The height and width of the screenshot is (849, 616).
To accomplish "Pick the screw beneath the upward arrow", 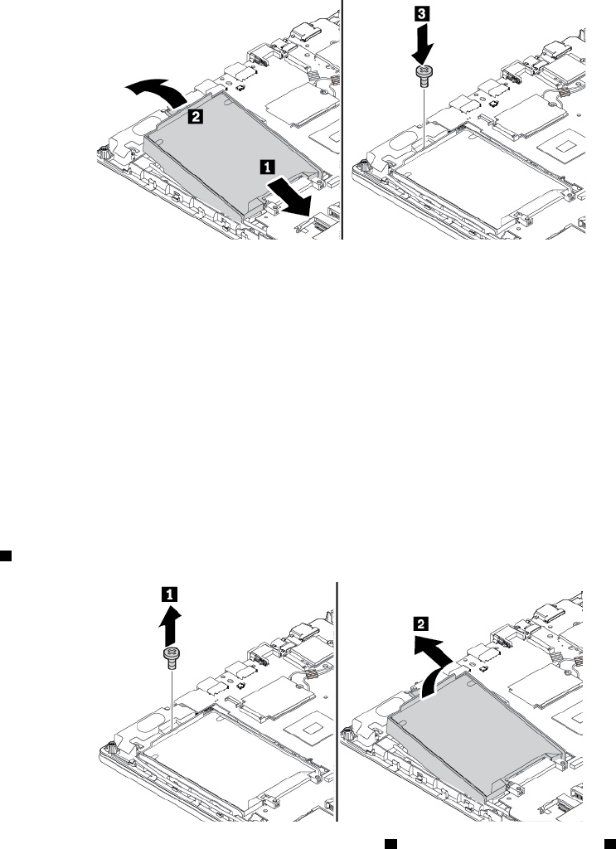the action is (x=170, y=659).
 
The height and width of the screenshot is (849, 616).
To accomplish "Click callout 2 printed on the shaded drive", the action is (x=195, y=119).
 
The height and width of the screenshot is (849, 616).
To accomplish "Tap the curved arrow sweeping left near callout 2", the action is (x=155, y=89).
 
